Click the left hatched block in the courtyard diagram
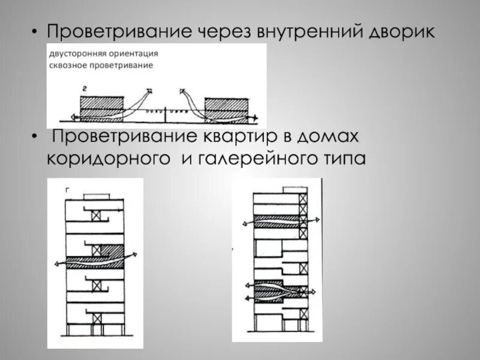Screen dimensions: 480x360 point(101,107)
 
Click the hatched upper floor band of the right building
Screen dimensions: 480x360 point(276,221)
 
